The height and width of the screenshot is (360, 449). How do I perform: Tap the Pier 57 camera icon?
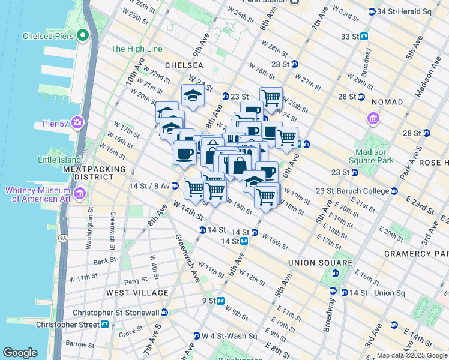point(77,123)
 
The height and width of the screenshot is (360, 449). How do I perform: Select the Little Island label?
point(59,159)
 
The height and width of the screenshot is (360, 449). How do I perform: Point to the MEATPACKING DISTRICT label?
point(94,173)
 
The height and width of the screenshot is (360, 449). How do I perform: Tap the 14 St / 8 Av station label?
point(149,186)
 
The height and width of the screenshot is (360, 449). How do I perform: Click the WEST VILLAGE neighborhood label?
point(137,293)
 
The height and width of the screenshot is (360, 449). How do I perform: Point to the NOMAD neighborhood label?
point(387,102)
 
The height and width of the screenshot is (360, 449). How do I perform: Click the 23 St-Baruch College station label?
point(353,191)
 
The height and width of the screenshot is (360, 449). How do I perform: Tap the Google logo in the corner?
point(20,353)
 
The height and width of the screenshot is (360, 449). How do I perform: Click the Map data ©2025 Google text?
point(411,355)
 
